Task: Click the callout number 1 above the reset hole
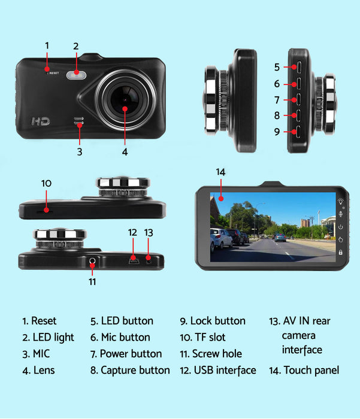[47, 45]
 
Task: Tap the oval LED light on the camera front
[77, 75]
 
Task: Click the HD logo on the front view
[40, 121]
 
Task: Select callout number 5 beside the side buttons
[277, 67]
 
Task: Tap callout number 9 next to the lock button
[277, 132]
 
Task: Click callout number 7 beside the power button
[277, 100]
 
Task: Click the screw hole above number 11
[92, 260]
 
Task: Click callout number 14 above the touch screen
[220, 172]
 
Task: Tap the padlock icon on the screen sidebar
[340, 253]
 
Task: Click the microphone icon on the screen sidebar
[340, 214]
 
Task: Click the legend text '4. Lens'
[38, 370]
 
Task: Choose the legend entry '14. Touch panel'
[305, 370]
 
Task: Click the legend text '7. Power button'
[126, 354]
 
